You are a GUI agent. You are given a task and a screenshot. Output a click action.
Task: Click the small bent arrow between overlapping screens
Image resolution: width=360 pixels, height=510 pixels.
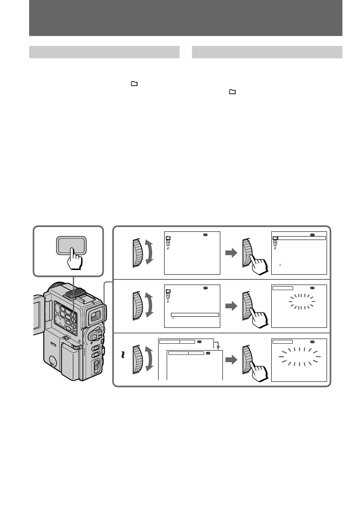tap(217, 345)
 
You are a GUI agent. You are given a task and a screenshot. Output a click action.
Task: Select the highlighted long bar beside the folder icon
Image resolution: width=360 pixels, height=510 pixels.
tap(302, 237)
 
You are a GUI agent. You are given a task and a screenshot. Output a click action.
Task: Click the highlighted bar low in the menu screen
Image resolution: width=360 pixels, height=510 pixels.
tap(195, 315)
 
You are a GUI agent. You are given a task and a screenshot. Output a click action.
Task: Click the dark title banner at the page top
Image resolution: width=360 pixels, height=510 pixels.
tap(186, 18)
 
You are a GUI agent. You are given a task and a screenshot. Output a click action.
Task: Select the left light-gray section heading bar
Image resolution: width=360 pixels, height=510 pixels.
tap(104, 52)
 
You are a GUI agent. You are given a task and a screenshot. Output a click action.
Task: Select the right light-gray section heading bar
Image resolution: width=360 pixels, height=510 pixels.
tap(267, 52)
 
